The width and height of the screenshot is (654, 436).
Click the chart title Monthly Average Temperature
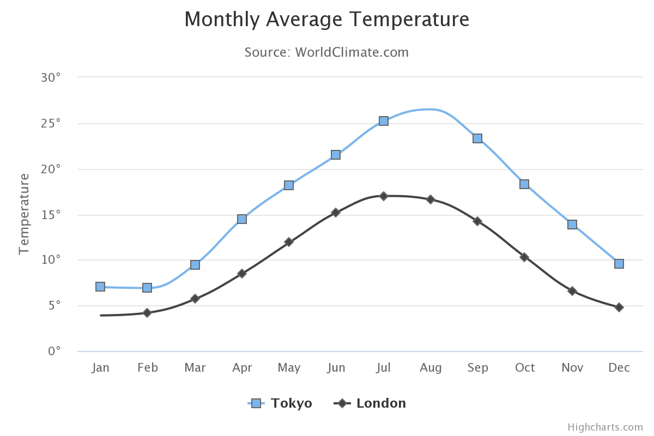pos(326,20)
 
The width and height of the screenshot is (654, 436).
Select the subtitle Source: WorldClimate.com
pos(326,52)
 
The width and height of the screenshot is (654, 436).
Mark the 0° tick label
pos(54,351)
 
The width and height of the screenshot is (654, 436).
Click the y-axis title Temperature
pos(24,214)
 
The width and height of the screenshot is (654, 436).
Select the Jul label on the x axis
pos(383,368)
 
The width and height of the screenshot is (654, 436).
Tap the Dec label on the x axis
pos(619,368)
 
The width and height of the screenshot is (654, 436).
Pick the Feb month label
pos(147,368)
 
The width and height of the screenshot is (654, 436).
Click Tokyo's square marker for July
pos(384,121)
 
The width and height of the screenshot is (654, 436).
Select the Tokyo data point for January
pos(100,287)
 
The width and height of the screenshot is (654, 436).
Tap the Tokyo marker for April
pos(242,219)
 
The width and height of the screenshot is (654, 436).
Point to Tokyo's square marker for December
pos(619,264)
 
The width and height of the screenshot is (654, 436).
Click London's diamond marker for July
pos(384,196)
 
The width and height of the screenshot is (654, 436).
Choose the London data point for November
pos(572,291)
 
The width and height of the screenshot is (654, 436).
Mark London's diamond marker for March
pos(195,299)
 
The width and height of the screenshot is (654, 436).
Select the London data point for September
pos(477,221)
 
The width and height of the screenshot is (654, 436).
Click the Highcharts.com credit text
pos(605,427)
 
